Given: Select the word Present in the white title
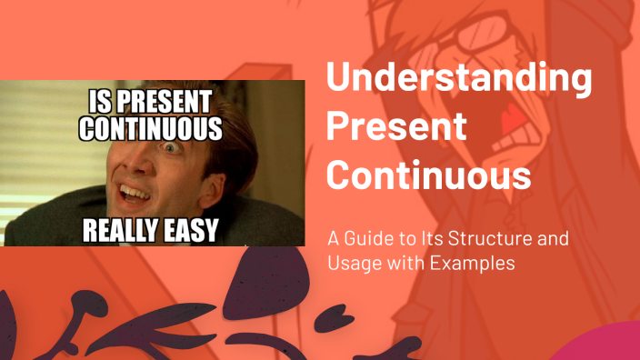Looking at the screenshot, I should click(396, 125).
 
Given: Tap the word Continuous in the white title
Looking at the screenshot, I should click(428, 172).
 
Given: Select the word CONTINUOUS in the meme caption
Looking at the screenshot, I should click(150, 126).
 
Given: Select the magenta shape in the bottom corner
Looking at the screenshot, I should click(605, 345).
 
